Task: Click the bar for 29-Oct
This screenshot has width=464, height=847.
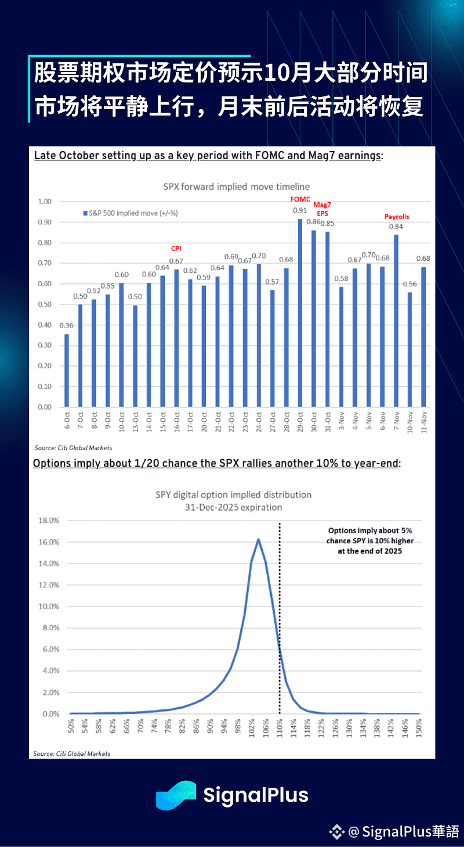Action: click(300, 314)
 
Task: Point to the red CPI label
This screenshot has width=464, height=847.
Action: click(176, 248)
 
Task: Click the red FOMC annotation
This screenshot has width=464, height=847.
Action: click(300, 199)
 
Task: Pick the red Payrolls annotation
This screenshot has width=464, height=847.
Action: click(397, 217)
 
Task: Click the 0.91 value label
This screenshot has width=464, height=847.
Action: click(300, 210)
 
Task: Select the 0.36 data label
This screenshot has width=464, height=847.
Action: click(66, 325)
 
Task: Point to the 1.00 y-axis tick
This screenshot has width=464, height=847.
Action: click(45, 202)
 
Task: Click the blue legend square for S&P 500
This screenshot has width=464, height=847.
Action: click(85, 213)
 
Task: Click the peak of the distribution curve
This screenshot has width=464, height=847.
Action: click(258, 539)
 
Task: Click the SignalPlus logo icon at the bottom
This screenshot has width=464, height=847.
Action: click(175, 795)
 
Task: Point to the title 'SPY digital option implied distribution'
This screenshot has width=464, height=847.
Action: click(233, 495)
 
